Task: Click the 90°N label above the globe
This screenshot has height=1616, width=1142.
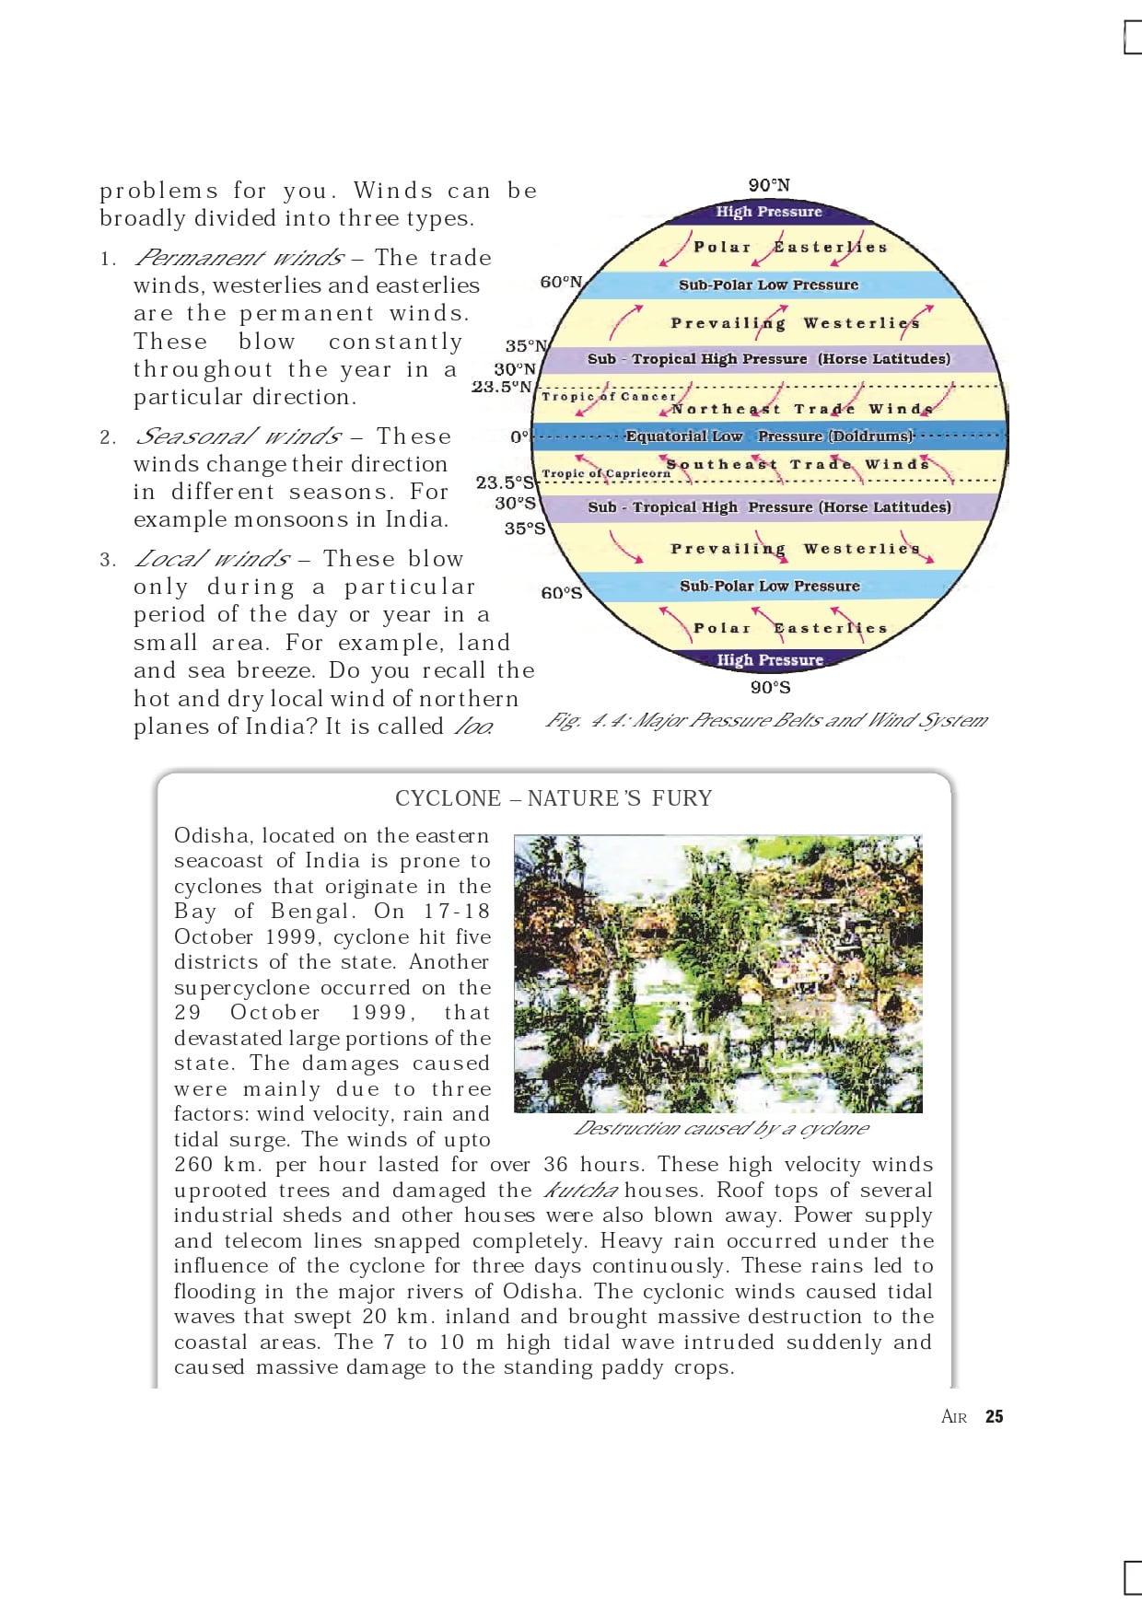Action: (768, 185)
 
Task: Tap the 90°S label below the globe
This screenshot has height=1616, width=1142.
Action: (770, 687)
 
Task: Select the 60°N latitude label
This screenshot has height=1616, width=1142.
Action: (560, 282)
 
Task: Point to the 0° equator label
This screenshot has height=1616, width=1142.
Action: (519, 436)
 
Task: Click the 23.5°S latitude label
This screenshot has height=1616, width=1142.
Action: (504, 482)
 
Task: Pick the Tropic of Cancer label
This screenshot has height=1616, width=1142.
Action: (608, 396)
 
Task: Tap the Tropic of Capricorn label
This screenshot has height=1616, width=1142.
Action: (606, 473)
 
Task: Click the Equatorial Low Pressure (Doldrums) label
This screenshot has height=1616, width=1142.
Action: (769, 436)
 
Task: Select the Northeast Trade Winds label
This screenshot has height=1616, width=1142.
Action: (801, 409)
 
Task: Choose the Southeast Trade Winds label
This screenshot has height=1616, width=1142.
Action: (798, 464)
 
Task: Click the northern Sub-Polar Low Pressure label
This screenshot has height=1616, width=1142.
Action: (768, 285)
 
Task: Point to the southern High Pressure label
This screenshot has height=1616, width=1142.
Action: (770, 659)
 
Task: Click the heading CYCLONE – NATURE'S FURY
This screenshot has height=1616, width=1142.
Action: (554, 798)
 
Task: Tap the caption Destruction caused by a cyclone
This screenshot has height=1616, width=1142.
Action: (720, 1128)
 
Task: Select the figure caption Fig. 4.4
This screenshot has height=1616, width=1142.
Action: (765, 720)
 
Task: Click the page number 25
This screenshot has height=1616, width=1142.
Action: (994, 1416)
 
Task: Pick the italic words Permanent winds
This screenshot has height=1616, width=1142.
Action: (239, 258)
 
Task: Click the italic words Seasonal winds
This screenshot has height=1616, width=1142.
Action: (239, 436)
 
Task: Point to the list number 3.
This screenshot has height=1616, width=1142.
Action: (108, 560)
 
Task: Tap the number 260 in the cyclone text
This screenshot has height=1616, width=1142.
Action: (192, 1165)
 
